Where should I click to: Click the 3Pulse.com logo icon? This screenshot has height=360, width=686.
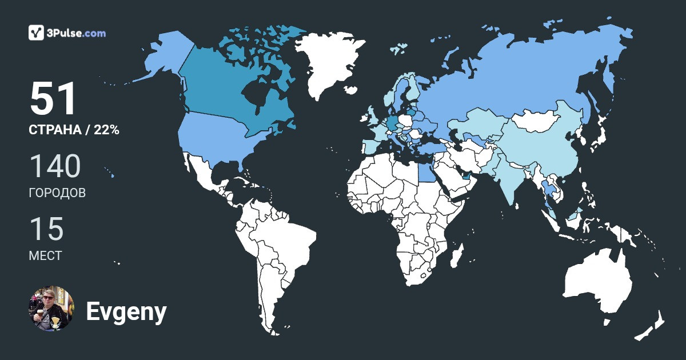coord(37,33)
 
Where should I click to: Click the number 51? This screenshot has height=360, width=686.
coord(53,99)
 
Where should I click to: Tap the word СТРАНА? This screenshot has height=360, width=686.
coord(55,130)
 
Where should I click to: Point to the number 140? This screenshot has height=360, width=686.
coord(55,167)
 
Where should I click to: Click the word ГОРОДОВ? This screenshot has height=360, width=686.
coord(57,193)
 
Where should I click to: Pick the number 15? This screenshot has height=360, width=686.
coord(46,229)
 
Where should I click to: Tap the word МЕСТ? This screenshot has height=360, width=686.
coord(45,255)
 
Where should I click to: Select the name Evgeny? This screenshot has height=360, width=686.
coord(126,312)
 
